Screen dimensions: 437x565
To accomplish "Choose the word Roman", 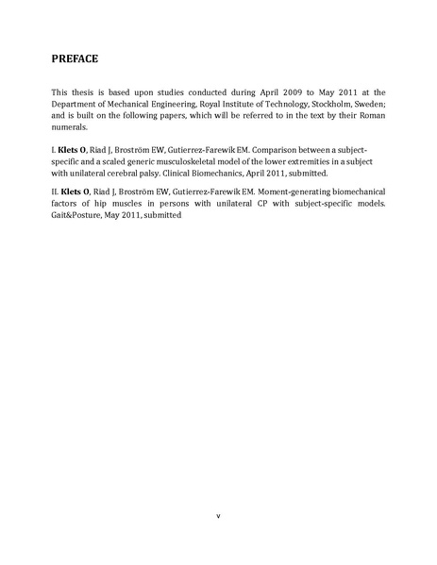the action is pyautogui.click(x=368, y=115).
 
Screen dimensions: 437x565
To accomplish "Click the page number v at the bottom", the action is pyautogui.click(x=218, y=515).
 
